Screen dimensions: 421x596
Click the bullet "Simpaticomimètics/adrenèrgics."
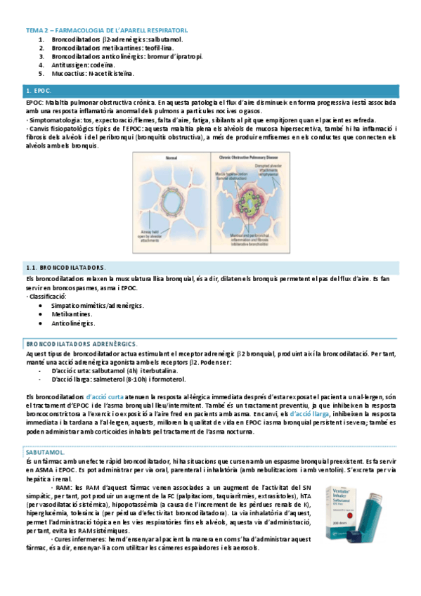[98, 306]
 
